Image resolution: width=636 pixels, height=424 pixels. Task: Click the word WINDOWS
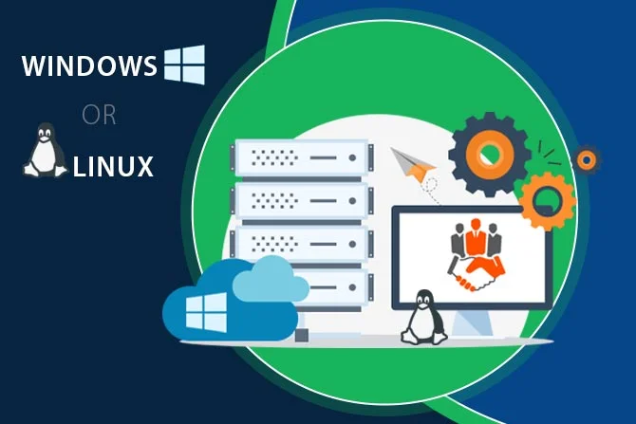coord(88,67)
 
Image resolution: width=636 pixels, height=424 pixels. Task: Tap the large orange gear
coord(548,198)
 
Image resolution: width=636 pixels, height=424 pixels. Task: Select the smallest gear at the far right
coord(588,159)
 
